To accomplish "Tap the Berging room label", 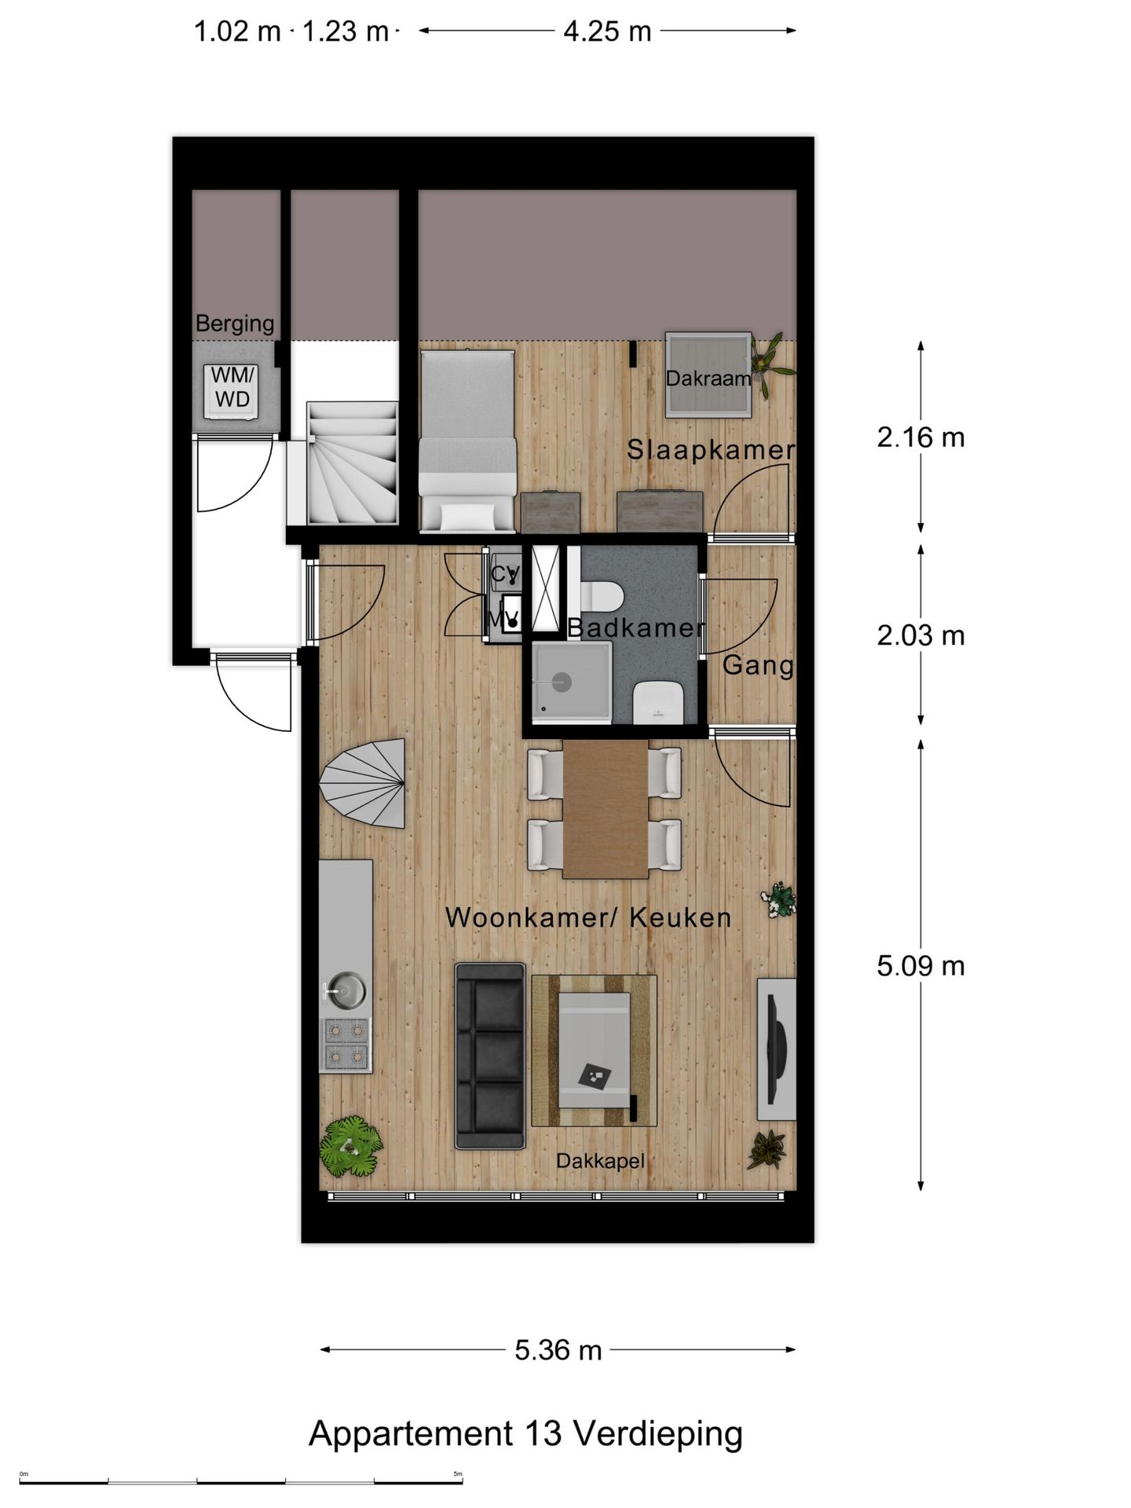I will click(234, 323).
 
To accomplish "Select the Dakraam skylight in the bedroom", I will click(708, 376).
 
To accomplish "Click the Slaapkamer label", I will click(711, 450).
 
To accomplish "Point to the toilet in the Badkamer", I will click(602, 596).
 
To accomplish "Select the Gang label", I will click(757, 665).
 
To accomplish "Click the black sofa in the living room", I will click(490, 1056).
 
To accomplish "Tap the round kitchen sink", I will click(346, 990).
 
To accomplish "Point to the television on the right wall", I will click(777, 1049).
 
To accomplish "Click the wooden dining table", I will click(606, 808).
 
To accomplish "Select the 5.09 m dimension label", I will click(921, 966).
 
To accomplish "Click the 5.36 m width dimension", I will click(558, 1350).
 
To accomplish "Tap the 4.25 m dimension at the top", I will click(607, 31).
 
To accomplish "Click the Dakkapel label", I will click(600, 1161).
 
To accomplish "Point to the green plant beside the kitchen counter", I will click(350, 1147).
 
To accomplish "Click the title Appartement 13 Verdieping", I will click(525, 1433).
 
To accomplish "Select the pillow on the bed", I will click(468, 516).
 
